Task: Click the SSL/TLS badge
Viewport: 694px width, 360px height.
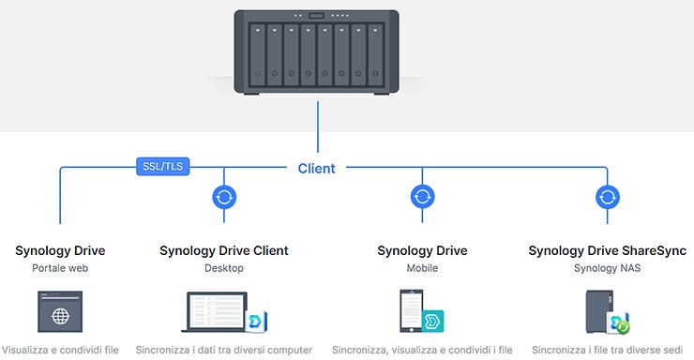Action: pyautogui.click(x=164, y=168)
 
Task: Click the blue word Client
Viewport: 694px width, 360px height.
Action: pyautogui.click(x=316, y=169)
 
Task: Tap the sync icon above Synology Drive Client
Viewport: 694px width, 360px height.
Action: pyautogui.click(x=224, y=197)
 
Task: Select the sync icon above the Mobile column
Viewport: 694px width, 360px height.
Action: pyautogui.click(x=422, y=197)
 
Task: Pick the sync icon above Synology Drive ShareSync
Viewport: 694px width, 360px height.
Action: pyautogui.click(x=608, y=197)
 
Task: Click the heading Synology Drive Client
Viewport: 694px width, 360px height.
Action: pyautogui.click(x=224, y=250)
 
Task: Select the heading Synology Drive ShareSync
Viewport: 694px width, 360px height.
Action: pyautogui.click(x=608, y=250)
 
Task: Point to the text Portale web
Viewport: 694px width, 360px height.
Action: pyautogui.click(x=60, y=268)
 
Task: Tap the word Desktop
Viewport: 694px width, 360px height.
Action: pyautogui.click(x=224, y=268)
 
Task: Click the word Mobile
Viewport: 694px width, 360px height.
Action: pyautogui.click(x=422, y=268)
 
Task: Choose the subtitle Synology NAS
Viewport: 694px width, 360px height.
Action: pyautogui.click(x=608, y=268)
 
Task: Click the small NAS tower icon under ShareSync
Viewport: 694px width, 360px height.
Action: pyautogui.click(x=600, y=311)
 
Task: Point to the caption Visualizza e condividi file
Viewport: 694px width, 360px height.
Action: pyautogui.click(x=60, y=350)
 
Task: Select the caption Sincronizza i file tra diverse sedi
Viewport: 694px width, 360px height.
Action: pyautogui.click(x=608, y=350)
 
